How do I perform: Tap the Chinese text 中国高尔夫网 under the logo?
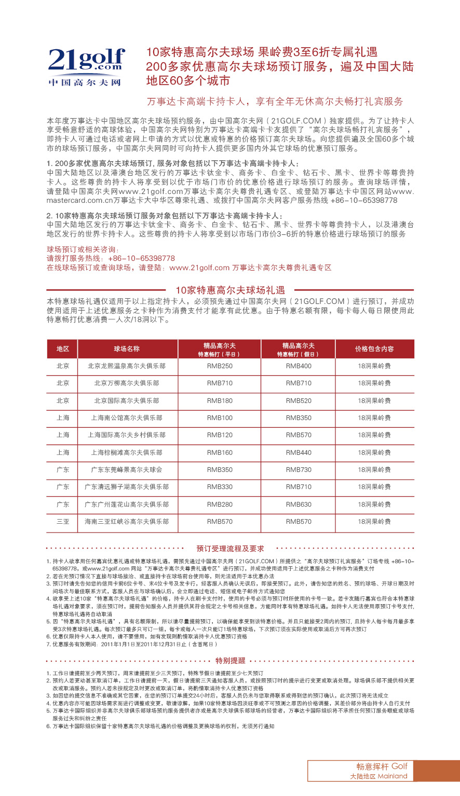click(85, 82)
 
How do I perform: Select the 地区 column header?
click(63, 349)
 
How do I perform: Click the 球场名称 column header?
click(127, 349)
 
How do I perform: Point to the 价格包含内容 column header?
click(374, 349)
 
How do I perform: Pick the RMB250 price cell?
click(220, 366)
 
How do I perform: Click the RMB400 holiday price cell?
click(299, 366)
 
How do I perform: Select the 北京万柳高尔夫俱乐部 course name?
click(127, 383)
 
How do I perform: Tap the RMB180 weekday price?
click(220, 401)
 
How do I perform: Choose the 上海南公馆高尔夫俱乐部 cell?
click(127, 418)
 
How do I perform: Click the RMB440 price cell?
click(299, 453)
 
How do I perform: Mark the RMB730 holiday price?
click(299, 470)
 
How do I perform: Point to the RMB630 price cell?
click(299, 505)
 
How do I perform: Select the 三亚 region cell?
click(63, 522)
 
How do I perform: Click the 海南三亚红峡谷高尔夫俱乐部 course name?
click(127, 522)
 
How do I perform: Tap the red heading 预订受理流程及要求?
click(230, 549)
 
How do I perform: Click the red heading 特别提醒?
click(230, 661)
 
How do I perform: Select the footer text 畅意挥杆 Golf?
click(382, 766)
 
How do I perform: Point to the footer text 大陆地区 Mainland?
click(378, 776)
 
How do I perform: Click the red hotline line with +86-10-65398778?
click(111, 258)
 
